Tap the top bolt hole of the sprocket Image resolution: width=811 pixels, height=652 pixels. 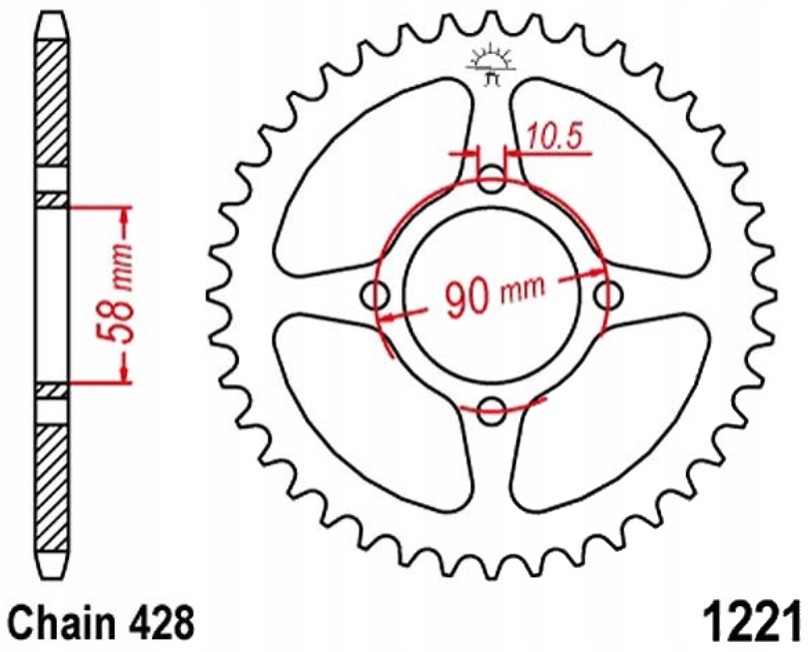coord(491,183)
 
